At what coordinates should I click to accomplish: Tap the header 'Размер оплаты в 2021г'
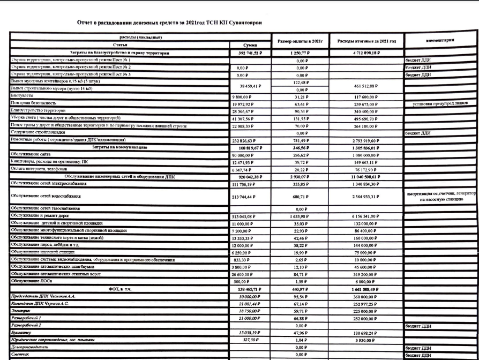[x=300, y=41]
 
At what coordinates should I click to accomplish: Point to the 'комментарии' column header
[x=440, y=40]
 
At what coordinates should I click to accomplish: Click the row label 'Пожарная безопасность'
[x=33, y=103]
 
